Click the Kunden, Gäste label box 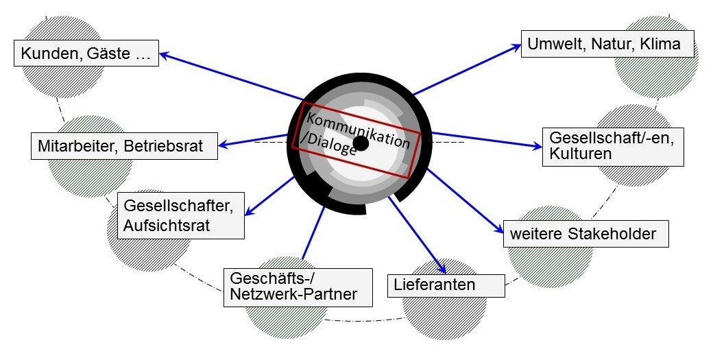pos(86,53)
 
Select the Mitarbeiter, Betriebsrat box pos(124,146)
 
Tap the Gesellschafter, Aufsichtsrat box pos(180,215)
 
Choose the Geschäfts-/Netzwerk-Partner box pos(298,287)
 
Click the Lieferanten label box pos(446,285)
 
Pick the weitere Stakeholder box pos(585,234)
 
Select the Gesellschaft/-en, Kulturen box pos(613,146)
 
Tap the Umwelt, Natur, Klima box pos(607,44)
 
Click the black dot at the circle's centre pos(361,143)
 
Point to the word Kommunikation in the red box pos(358,129)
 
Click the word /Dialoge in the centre pos(329,145)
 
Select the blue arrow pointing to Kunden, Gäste pos(232,76)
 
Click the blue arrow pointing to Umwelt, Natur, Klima pos(467,69)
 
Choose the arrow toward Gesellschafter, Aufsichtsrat pos(270,196)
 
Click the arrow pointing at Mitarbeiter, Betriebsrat pos(253,141)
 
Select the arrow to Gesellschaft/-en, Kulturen pos(487,140)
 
